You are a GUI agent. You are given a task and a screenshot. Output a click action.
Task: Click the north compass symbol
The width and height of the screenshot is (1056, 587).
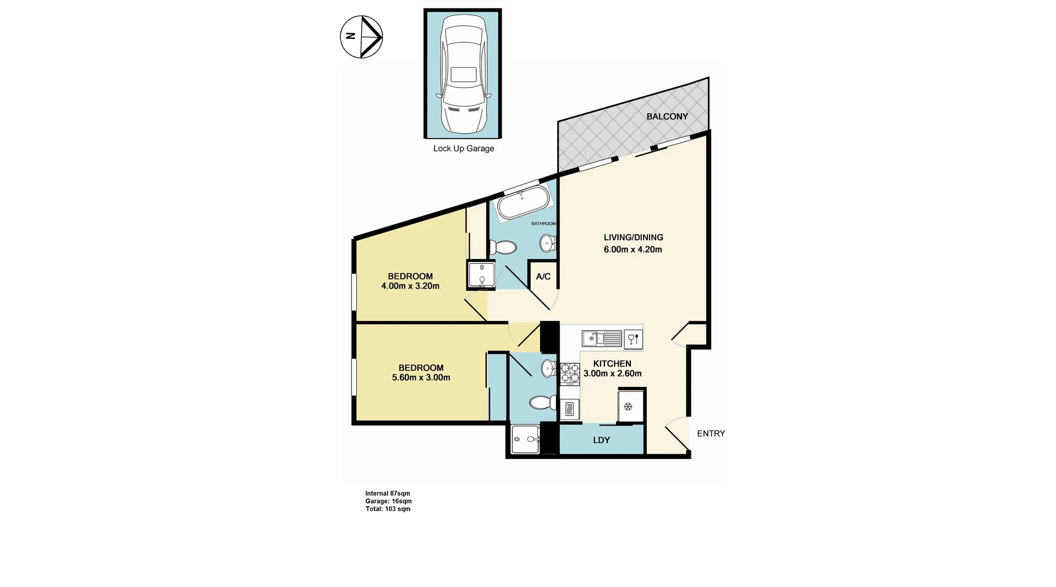[361, 37]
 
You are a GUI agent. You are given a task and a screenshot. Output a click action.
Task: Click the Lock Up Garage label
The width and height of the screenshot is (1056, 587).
[463, 148]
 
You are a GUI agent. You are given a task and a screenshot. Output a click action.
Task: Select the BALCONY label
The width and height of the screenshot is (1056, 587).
[667, 117]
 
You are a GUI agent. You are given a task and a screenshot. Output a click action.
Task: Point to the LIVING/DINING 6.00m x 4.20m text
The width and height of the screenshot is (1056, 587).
[633, 243]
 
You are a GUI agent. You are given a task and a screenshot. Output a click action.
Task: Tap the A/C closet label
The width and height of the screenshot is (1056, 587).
[543, 276]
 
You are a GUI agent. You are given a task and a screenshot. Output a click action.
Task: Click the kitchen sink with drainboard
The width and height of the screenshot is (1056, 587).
[602, 338]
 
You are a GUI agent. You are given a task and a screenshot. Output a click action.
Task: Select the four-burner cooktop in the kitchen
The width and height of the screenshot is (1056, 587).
[569, 373]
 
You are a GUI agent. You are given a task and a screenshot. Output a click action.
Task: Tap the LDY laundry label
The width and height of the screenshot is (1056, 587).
[601, 440]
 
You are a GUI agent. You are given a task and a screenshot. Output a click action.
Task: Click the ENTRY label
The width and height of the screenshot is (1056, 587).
[711, 434]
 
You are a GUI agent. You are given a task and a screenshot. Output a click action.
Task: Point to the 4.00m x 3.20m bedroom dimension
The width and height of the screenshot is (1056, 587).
[410, 286]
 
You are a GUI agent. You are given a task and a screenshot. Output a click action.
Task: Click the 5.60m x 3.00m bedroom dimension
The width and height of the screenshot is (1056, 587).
[421, 378]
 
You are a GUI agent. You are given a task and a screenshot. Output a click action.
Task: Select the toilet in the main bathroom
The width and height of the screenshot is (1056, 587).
[502, 248]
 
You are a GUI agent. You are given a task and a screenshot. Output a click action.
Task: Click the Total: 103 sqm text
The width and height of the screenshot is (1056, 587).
[388, 509]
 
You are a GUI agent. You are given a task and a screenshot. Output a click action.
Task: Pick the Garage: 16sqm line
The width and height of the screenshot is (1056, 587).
[388, 501]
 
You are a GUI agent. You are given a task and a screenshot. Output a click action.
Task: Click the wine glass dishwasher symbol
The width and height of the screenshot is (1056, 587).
[633, 339]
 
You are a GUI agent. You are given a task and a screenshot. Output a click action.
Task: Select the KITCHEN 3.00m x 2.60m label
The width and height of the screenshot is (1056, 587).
[612, 369]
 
